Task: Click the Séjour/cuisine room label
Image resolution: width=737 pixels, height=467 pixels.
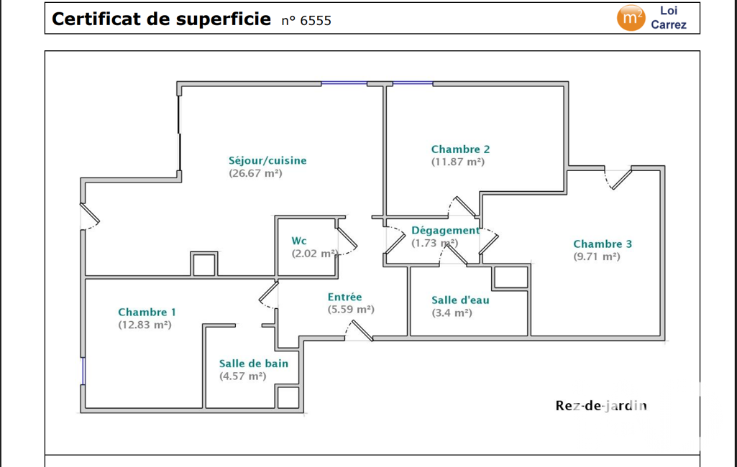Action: click(x=267, y=161)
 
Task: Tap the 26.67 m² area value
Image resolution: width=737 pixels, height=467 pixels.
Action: click(x=256, y=173)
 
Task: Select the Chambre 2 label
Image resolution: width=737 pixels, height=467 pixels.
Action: click(x=461, y=149)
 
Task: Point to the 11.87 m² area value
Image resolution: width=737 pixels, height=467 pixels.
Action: click(x=458, y=162)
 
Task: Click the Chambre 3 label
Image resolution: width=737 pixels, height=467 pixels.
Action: click(x=603, y=244)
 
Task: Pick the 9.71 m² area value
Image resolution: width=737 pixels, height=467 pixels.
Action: click(x=597, y=256)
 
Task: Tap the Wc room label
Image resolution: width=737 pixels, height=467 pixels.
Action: click(x=299, y=241)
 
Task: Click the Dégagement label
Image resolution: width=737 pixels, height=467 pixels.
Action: click(x=446, y=231)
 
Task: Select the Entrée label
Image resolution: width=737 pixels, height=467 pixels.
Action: click(x=345, y=297)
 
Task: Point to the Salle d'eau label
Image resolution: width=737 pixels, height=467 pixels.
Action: click(x=461, y=300)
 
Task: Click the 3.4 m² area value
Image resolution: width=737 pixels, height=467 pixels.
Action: click(x=452, y=313)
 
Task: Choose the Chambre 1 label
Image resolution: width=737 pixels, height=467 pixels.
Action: click(x=147, y=313)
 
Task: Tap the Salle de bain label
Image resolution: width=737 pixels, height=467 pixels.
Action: click(x=254, y=364)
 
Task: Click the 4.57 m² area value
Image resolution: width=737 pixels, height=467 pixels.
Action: click(x=242, y=376)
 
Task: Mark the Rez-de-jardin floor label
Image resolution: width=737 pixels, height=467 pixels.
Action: click(x=601, y=405)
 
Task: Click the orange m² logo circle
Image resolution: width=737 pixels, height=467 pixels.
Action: click(x=631, y=18)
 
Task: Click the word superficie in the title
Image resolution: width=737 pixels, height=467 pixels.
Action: click(x=224, y=19)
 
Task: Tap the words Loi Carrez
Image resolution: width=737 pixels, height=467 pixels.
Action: click(x=669, y=17)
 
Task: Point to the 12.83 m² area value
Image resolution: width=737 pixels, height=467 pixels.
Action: click(x=145, y=325)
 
